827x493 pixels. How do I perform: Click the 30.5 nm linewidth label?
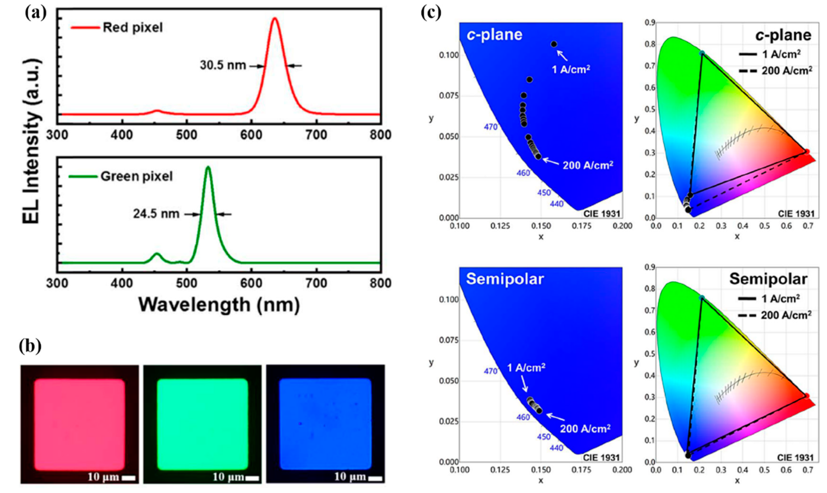pyautogui.click(x=223, y=65)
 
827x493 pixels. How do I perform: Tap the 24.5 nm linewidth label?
pyautogui.click(x=156, y=214)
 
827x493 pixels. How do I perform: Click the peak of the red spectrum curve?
pyautogui.click(x=275, y=18)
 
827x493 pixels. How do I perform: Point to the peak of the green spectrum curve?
pyautogui.click(x=208, y=167)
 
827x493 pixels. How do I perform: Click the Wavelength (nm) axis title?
pyautogui.click(x=219, y=305)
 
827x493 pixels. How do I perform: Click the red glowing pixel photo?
pyautogui.click(x=80, y=424)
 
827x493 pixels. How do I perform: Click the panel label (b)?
pyautogui.click(x=30, y=346)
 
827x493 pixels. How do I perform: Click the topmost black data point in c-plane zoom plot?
pyautogui.click(x=554, y=44)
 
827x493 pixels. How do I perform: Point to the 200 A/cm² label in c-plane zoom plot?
pyautogui.click(x=588, y=165)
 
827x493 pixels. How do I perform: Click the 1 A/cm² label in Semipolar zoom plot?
pyautogui.click(x=526, y=368)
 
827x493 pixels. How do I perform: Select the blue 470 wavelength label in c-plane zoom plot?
pyautogui.click(x=490, y=127)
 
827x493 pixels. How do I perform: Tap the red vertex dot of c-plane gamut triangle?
pyautogui.click(x=806, y=152)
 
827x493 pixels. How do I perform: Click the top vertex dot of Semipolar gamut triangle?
pyautogui.click(x=702, y=298)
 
